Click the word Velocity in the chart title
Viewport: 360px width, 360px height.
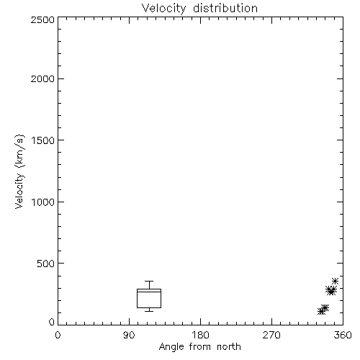(x=163, y=9)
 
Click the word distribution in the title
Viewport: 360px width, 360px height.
(x=225, y=8)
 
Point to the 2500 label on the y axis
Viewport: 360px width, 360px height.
(x=42, y=20)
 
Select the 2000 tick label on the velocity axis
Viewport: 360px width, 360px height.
(x=42, y=78)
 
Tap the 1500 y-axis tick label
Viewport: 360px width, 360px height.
(x=43, y=140)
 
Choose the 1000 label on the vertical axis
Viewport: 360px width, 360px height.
(x=43, y=202)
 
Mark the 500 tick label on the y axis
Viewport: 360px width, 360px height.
(x=46, y=264)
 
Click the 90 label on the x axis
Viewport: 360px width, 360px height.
(x=129, y=335)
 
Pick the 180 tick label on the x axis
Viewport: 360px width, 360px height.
(x=200, y=335)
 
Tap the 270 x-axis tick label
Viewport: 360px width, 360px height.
(x=271, y=335)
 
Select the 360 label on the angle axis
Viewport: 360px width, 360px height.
(x=343, y=335)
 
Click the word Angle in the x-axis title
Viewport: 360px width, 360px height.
(x=171, y=347)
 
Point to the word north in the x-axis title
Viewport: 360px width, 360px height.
(x=229, y=347)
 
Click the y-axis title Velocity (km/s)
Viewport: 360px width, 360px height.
(x=19, y=171)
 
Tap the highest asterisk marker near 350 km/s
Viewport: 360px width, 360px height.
(x=335, y=281)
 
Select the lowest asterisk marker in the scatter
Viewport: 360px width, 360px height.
(x=321, y=311)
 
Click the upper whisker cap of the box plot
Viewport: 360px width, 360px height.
(x=149, y=282)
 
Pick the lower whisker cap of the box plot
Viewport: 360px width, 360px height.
(x=149, y=311)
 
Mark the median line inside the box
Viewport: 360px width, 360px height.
(x=149, y=292)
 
